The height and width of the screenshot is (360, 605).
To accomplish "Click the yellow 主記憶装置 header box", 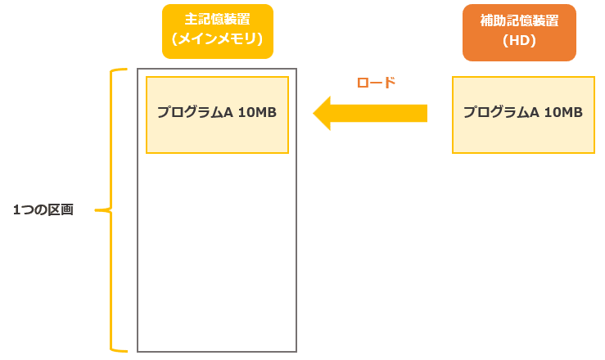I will coord(217,31).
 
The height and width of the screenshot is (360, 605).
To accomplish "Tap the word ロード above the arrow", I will coord(377,83).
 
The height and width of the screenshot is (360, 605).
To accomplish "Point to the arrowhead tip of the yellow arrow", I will coord(314,113).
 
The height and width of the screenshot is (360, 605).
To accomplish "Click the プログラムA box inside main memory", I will coord(217,115).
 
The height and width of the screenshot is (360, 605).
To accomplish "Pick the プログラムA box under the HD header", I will coord(522,115).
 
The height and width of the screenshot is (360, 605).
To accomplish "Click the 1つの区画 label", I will coord(43,210).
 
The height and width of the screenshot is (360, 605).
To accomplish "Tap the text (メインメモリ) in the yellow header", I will coord(217,40).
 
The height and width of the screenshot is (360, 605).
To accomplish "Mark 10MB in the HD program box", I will coord(563,113).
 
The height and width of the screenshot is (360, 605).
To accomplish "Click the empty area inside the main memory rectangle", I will coord(217,254).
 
